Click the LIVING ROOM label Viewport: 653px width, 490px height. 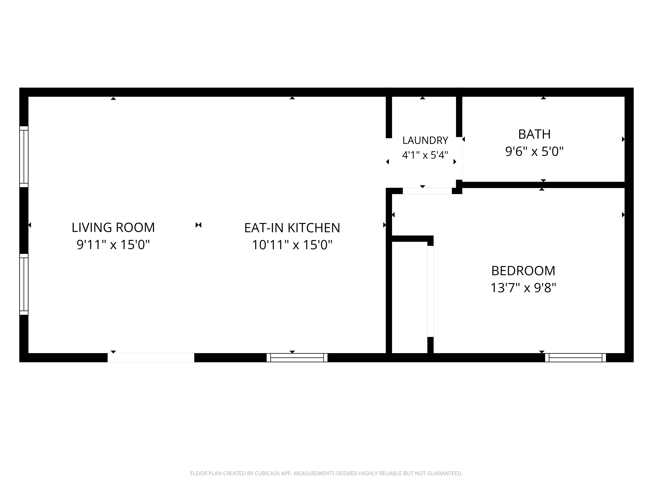point(113,227)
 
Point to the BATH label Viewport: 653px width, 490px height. point(534,134)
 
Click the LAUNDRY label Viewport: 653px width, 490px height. point(425,140)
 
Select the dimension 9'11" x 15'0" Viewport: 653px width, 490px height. point(113,245)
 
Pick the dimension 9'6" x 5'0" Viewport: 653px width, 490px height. point(534,152)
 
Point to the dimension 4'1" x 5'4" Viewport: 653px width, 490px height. point(425,155)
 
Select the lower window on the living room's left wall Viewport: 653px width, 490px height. point(24,284)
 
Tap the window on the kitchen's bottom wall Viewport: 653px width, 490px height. point(297,358)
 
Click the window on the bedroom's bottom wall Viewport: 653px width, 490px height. point(575,358)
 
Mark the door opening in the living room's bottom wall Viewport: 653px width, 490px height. point(151,358)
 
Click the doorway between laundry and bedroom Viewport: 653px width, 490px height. point(427,191)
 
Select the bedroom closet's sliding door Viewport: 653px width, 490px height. point(430,291)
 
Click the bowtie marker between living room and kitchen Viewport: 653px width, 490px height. point(198,225)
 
